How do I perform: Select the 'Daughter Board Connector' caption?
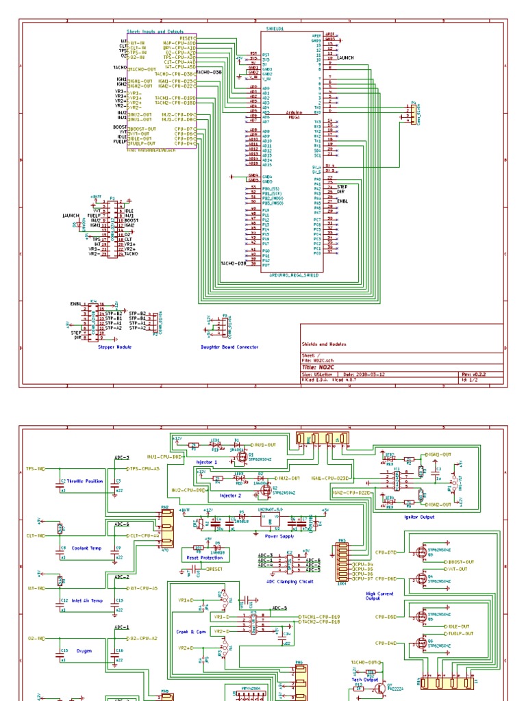click(x=230, y=347)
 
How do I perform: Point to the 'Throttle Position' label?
click(x=86, y=481)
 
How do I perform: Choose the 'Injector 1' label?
click(x=208, y=462)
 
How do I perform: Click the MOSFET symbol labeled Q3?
click(x=419, y=552)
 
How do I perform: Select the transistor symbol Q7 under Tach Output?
click(x=381, y=687)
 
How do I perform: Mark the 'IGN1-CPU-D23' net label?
click(x=330, y=478)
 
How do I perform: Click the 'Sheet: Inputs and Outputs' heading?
click(x=152, y=31)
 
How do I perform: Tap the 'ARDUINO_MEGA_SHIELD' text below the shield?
click(x=292, y=274)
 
